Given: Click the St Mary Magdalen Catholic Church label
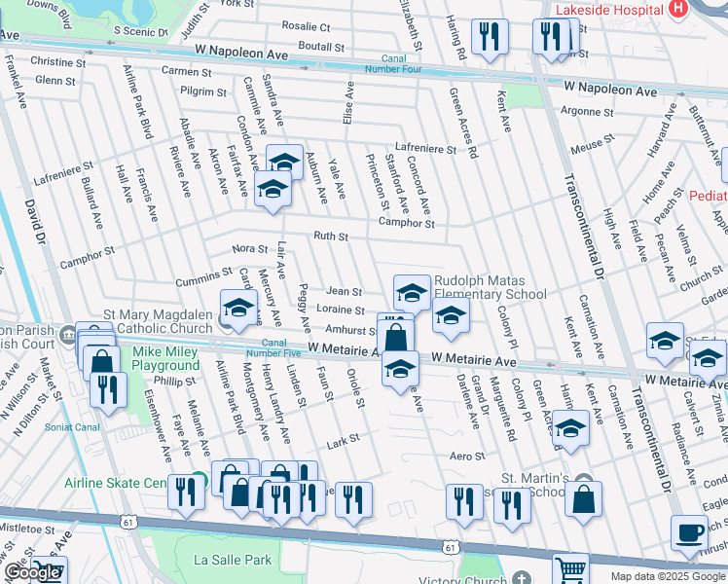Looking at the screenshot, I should pos(158,321).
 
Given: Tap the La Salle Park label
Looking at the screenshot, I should pos(233,560).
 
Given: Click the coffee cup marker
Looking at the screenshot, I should pos(690,533).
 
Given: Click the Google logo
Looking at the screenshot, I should pos(32,572).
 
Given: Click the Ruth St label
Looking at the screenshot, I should pos(331,236).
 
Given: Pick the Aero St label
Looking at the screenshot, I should pos(467,456).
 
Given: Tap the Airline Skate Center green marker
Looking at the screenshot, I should pos(199,481).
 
